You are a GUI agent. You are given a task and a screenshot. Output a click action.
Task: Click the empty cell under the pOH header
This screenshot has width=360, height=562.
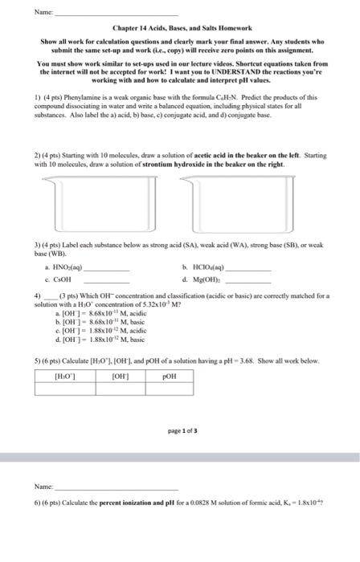[170, 388]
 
